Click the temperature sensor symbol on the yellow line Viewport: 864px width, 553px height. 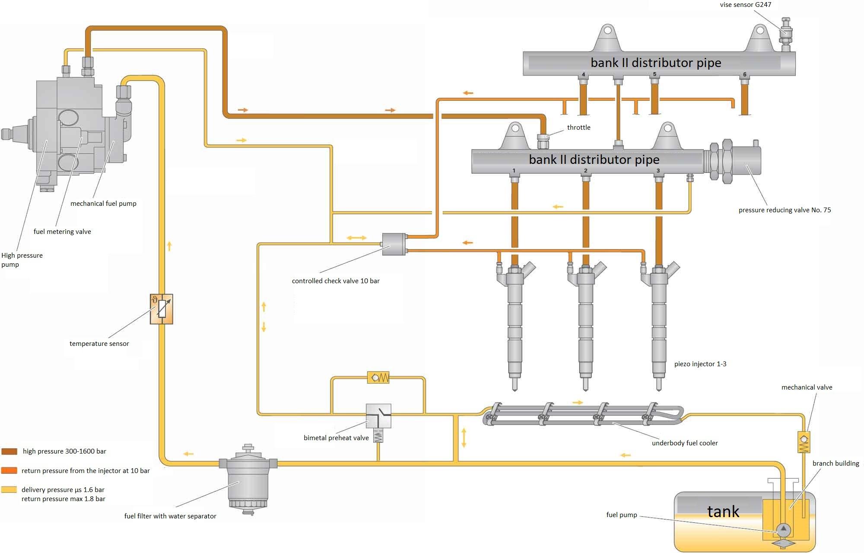[162, 309]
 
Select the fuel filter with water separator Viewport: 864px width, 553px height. [248, 480]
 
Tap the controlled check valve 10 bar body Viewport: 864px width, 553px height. [394, 244]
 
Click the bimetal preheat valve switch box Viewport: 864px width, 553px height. [378, 416]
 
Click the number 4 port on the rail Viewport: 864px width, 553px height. [583, 75]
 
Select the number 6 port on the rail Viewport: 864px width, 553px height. [744, 75]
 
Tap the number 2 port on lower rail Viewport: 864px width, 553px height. [586, 171]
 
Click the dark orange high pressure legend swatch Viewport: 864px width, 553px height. [9, 451]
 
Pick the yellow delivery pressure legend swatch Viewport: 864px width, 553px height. [9, 489]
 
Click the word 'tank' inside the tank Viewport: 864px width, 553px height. [723, 511]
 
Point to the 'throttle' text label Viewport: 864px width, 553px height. [578, 128]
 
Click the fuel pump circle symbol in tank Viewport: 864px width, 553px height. [783, 529]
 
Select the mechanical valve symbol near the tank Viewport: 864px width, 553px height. [804, 442]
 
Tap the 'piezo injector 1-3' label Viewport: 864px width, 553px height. [700, 364]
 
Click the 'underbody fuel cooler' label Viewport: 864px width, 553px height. [685, 443]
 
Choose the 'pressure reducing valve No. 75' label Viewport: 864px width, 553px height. [785, 210]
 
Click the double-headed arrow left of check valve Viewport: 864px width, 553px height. [356, 238]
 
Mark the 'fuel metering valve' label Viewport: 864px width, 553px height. [62, 232]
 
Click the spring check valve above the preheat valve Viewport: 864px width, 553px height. [378, 377]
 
